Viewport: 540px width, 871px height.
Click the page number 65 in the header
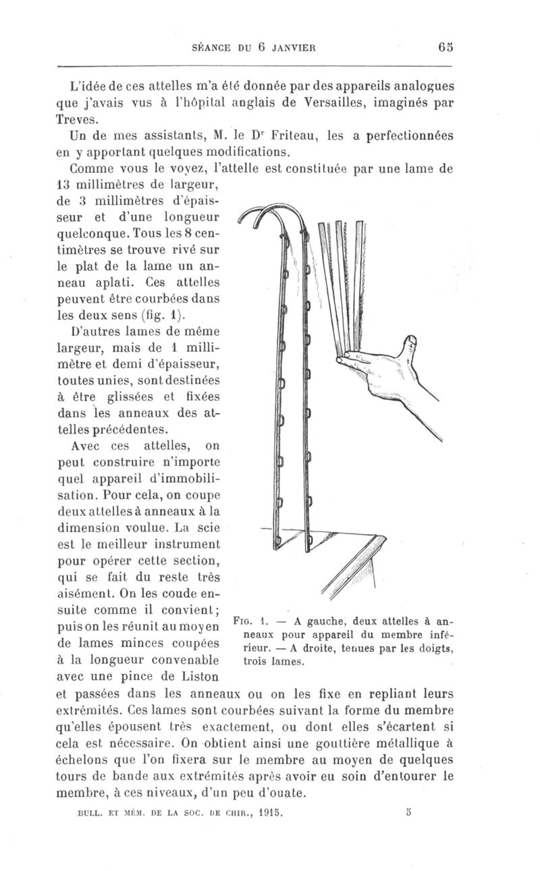(x=444, y=47)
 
